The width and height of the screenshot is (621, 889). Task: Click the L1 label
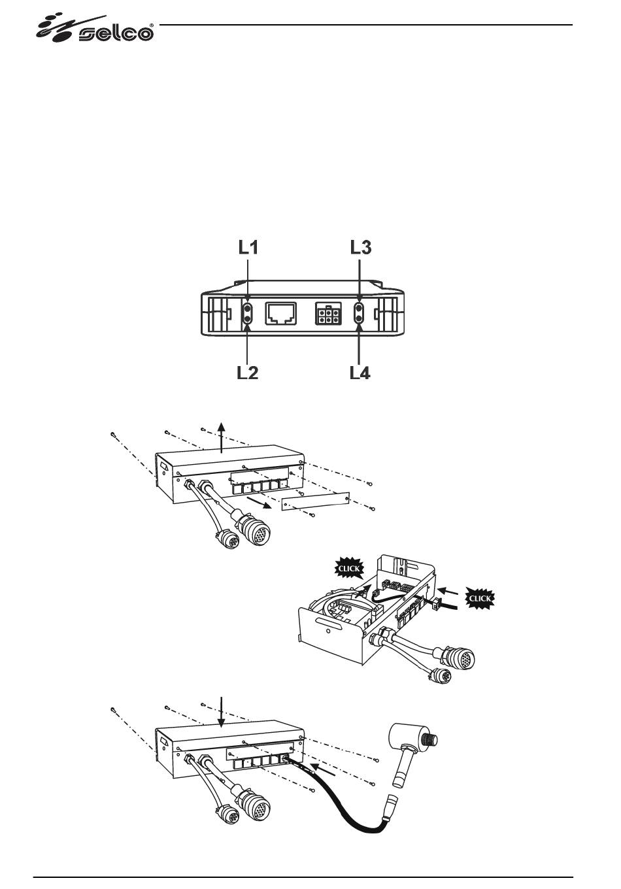[x=247, y=247]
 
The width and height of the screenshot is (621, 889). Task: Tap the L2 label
[x=247, y=373]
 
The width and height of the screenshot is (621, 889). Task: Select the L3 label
[x=361, y=247]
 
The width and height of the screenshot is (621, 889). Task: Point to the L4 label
[x=360, y=373]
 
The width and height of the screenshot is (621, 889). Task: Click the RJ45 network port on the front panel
[x=280, y=314]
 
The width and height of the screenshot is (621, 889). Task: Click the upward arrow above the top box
[x=222, y=437]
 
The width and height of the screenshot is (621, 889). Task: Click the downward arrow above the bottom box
[x=222, y=713]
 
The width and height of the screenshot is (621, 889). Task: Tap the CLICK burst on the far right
[x=480, y=597]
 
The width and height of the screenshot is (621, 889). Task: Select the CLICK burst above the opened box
[x=348, y=569]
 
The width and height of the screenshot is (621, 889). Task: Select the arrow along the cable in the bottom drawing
[x=326, y=769]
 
